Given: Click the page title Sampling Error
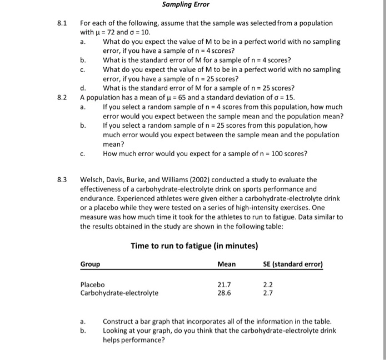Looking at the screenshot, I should pyautogui.click(x=186, y=4).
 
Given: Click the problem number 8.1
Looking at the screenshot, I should pyautogui.click(x=62, y=23).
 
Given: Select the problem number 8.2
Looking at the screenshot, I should pyautogui.click(x=62, y=97).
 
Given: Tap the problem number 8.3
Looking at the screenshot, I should pyautogui.click(x=62, y=179).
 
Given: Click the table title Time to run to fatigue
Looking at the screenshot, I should pyautogui.click(x=193, y=246).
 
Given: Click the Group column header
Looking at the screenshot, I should pyautogui.click(x=91, y=264).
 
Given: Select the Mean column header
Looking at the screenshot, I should pyautogui.click(x=226, y=264).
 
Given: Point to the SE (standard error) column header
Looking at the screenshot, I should pyautogui.click(x=293, y=264).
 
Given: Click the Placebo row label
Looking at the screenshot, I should pyautogui.click(x=93, y=284).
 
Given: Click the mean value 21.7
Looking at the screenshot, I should pyautogui.click(x=224, y=284).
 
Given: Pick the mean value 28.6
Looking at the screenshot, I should pyautogui.click(x=224, y=293).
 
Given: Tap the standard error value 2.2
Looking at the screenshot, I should pyautogui.click(x=268, y=284).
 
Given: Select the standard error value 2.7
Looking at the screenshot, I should pyautogui.click(x=268, y=293).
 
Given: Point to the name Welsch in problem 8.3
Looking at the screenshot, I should pyautogui.click(x=92, y=179).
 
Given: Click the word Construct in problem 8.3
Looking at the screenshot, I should pyautogui.click(x=119, y=322).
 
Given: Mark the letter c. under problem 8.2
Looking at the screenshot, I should pyautogui.click(x=83, y=154).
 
